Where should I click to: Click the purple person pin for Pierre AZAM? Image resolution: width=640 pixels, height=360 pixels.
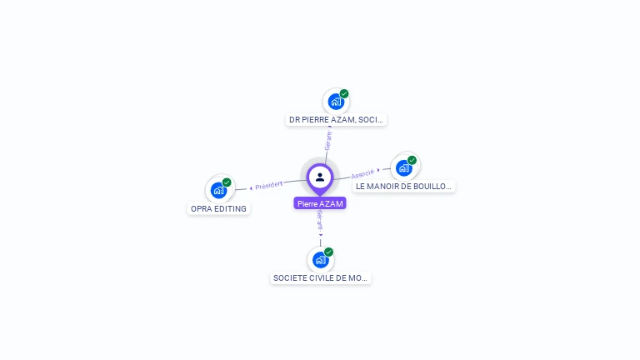click(320, 177)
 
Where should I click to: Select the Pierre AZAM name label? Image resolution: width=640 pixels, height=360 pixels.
click(320, 203)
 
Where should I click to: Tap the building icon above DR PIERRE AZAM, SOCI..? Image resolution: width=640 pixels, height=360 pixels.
click(336, 102)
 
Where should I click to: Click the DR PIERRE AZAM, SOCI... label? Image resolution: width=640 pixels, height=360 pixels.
click(336, 120)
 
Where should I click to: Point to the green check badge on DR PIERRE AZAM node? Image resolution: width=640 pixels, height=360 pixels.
click(344, 93)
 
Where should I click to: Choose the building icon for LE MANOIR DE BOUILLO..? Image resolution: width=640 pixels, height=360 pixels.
click(404, 167)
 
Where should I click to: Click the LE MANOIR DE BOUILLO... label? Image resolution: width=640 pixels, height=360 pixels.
click(404, 187)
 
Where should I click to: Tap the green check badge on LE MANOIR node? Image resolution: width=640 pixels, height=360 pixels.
click(412, 160)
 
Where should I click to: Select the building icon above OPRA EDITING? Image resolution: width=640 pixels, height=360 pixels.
click(218, 190)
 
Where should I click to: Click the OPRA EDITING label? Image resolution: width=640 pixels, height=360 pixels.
click(218, 209)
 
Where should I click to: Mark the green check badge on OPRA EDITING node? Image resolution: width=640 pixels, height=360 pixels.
click(227, 182)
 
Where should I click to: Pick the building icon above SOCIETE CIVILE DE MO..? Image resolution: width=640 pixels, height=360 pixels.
click(320, 260)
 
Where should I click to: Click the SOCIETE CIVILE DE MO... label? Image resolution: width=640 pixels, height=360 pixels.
click(321, 278)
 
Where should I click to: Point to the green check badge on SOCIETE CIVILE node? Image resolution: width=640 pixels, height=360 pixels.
click(329, 252)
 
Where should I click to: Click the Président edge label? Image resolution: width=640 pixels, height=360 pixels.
click(269, 184)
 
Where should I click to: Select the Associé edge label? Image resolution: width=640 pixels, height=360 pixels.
click(362, 173)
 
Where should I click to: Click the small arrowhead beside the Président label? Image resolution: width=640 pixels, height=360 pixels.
click(251, 187)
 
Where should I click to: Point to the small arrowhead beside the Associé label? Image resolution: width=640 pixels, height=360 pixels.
click(379, 170)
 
